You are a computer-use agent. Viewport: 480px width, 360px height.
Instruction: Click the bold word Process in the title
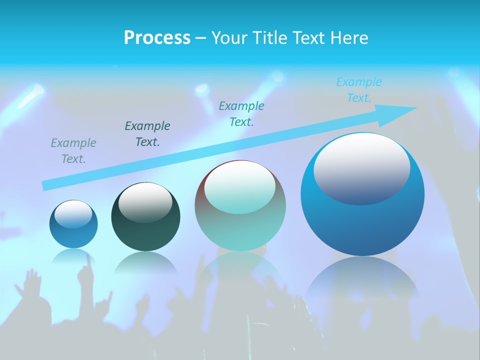coord(157,37)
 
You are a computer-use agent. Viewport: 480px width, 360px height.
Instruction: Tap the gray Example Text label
coord(73,150)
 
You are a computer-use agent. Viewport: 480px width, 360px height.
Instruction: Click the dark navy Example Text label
coord(147,133)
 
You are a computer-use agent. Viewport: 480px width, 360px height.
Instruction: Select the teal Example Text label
coord(241,113)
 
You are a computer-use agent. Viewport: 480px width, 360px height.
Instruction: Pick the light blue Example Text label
coord(359,89)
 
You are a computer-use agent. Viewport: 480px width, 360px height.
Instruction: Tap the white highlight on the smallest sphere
coord(73,214)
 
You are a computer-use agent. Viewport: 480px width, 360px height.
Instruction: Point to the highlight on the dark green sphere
coord(145,202)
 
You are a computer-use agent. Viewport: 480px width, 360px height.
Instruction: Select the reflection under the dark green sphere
coord(145,263)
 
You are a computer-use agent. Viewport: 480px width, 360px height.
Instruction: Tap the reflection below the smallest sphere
coord(73,256)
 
